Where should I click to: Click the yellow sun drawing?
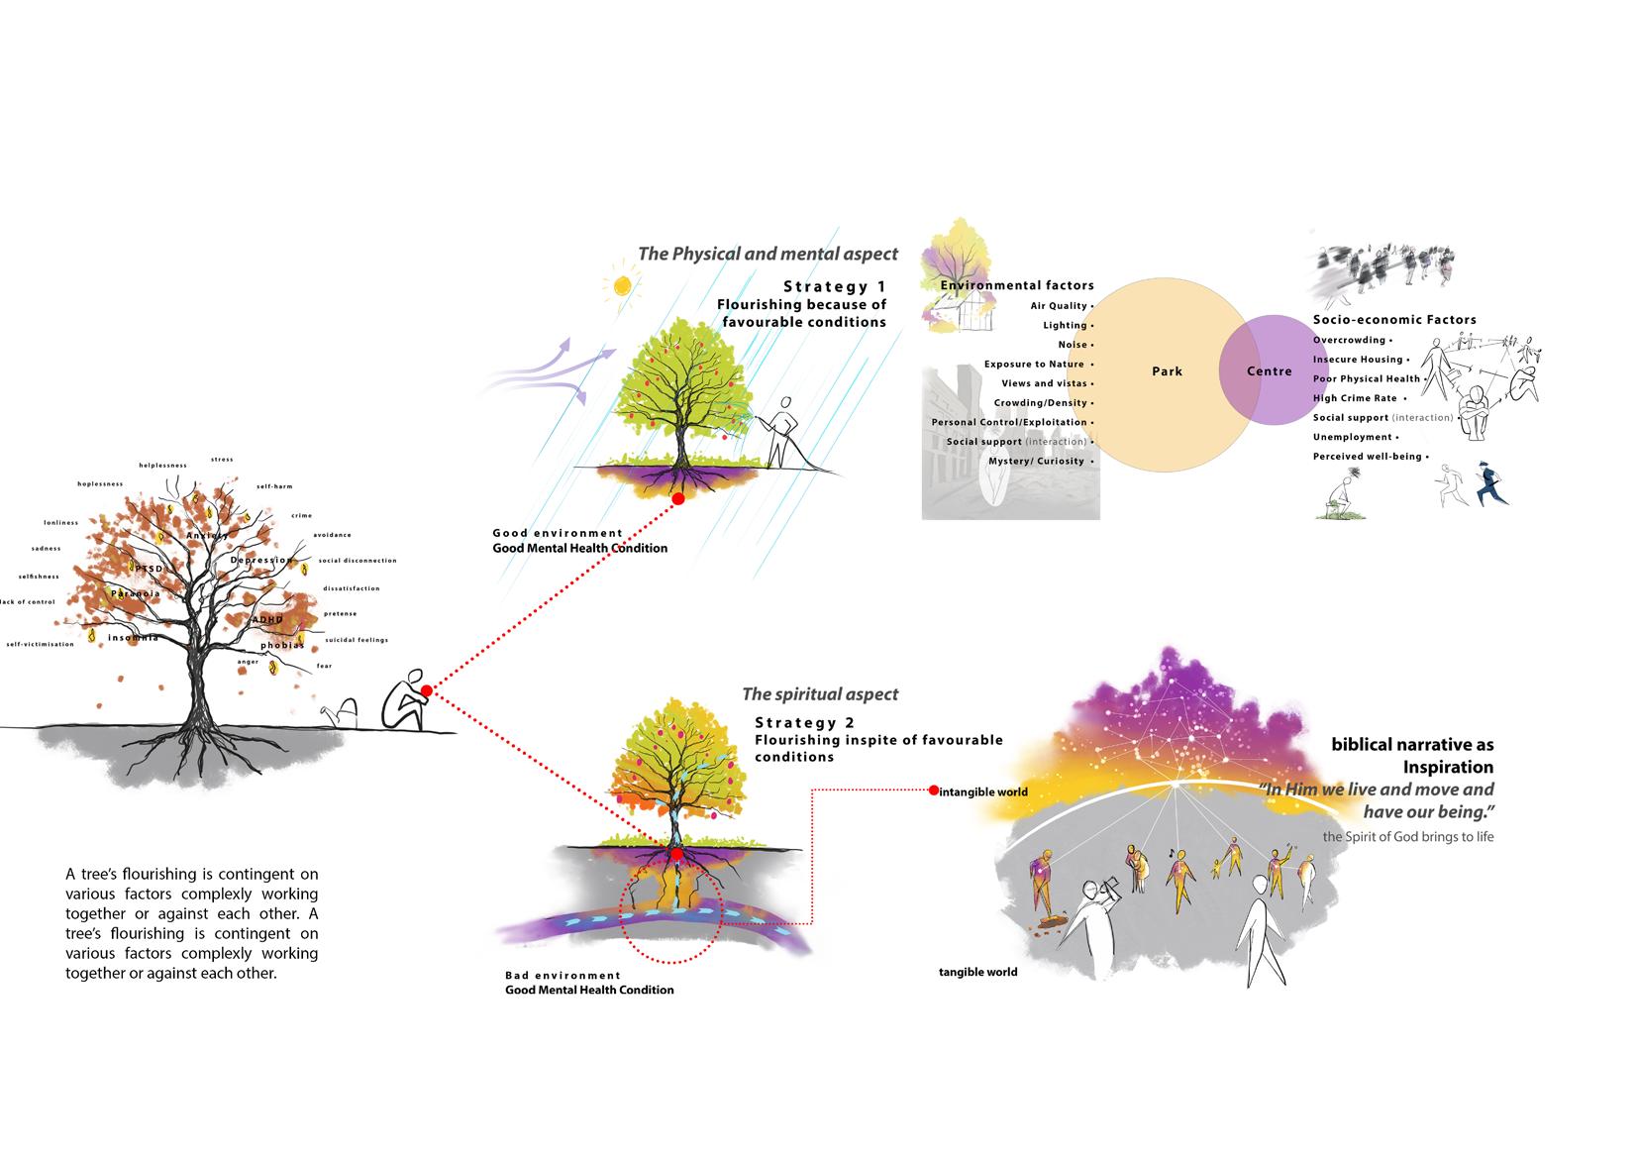pos(621,285)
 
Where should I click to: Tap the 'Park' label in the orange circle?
pos(1167,371)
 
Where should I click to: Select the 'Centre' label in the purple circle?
pos(1269,371)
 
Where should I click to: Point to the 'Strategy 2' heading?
pos(804,723)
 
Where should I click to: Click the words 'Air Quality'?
pos(1059,306)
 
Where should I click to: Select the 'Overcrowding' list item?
pos(1349,340)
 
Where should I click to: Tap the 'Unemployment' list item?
pos(1352,437)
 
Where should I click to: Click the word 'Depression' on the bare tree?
pos(260,561)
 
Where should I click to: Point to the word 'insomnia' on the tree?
pos(133,637)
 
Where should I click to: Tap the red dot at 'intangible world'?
pos(933,790)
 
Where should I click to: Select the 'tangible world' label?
pos(977,972)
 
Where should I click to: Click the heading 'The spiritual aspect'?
pos(820,694)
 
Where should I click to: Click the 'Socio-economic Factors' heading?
pos(1394,319)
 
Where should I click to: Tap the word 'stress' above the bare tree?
pos(222,460)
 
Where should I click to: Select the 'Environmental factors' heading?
pos(1017,285)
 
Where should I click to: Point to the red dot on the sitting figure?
pos(426,690)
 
